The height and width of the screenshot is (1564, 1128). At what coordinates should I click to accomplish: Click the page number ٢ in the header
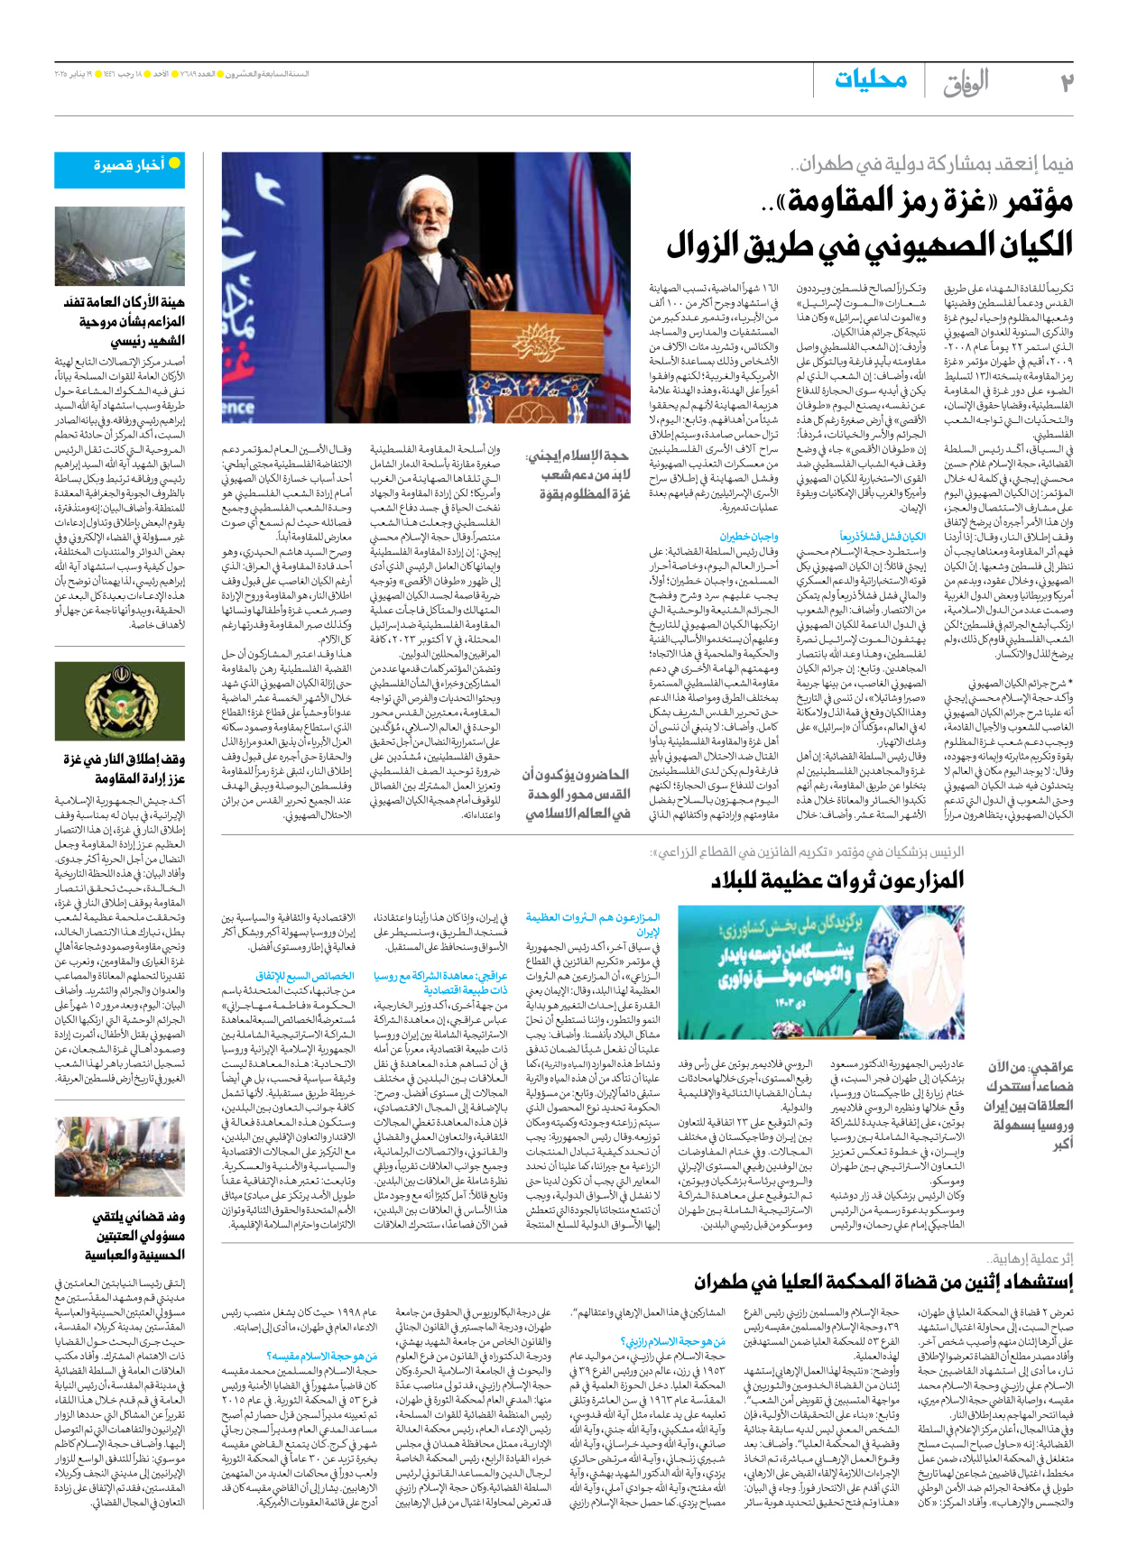(x=1067, y=82)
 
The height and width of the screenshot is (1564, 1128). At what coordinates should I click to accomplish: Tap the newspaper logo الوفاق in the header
(x=966, y=83)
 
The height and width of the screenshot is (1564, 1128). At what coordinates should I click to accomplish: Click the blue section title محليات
(x=870, y=79)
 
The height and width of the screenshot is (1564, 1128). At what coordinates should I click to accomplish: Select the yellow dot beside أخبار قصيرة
(x=174, y=164)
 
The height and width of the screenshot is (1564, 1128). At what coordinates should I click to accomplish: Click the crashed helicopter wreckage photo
(x=119, y=246)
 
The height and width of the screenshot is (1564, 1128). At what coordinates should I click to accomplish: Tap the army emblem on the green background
(x=119, y=702)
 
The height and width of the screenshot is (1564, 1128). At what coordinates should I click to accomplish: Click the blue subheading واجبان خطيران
(x=749, y=537)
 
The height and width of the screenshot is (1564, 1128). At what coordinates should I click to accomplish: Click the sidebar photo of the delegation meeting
(x=119, y=1157)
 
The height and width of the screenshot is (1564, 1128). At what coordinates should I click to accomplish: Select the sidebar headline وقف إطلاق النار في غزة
(x=124, y=759)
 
